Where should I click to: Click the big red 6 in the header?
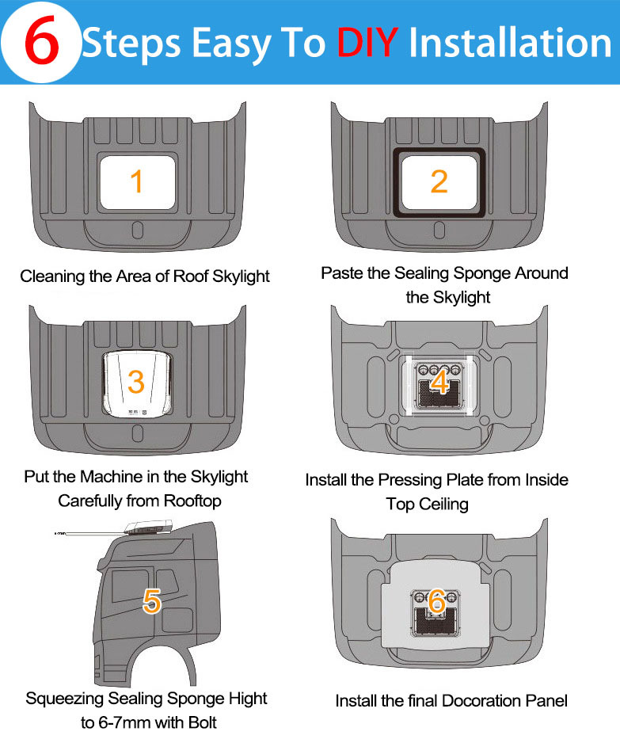point(42,41)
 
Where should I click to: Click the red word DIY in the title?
point(367,43)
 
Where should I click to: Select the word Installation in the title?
point(510,43)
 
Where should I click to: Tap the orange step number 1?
point(137,181)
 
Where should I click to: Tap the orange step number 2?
point(439,181)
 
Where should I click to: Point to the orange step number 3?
point(136,382)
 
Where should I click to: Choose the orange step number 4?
point(439,382)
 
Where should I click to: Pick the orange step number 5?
point(152,601)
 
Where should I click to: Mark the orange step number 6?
point(437,601)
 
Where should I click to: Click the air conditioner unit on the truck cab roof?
point(149,528)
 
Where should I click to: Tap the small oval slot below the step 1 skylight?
point(137,230)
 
